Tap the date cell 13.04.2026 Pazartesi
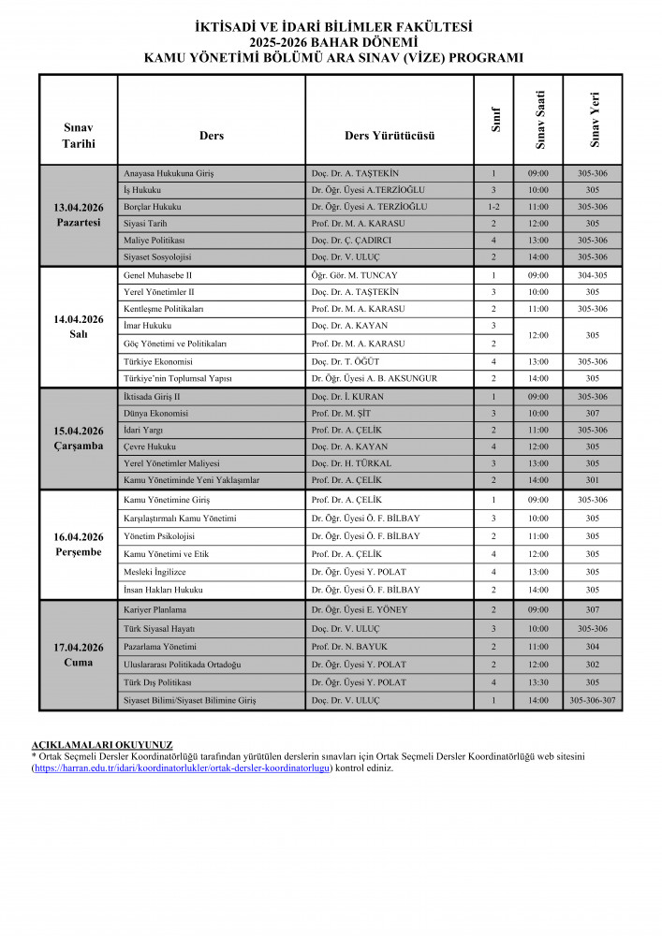pos(78,214)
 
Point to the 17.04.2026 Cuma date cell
pos(78,654)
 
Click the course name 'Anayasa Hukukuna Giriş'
pos(169,173)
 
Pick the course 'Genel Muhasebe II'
pos(157,275)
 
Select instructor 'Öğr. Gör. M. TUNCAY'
pos(354,275)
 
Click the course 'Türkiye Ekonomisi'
pos(157,361)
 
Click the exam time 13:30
pos(537,682)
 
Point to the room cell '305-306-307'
pos(592,700)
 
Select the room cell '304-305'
pos(592,275)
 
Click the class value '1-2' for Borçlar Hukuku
pos(493,206)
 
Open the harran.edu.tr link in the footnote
pos(183,768)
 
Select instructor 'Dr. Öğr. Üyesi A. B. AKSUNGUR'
pos(374,378)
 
